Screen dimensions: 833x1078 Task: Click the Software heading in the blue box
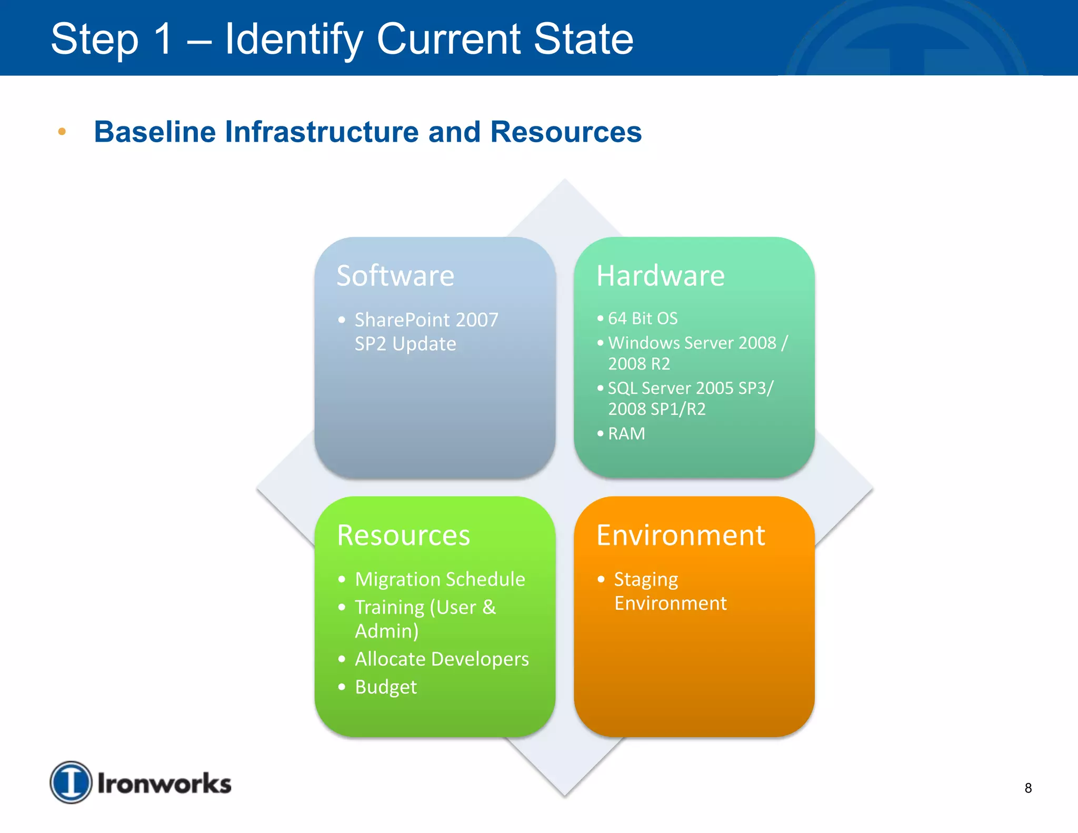pos(395,275)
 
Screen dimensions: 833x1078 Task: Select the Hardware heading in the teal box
pos(660,275)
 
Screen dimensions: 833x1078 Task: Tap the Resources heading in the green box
pos(403,535)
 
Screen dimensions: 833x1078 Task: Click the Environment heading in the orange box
pos(680,535)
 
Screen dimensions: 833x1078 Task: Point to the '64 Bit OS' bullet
pos(642,319)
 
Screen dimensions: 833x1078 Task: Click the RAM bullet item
pos(626,433)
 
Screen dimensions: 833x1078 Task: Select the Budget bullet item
pos(385,687)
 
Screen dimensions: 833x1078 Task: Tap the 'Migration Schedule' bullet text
pos(440,579)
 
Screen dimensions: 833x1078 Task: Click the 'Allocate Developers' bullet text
pos(441,659)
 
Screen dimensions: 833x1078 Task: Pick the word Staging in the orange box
pos(646,579)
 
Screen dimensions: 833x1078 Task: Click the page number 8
pos(1028,788)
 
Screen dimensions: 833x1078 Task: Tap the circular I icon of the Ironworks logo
pos(71,782)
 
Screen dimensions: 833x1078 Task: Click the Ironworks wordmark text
pos(164,784)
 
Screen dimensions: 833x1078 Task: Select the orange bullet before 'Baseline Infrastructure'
pos(62,132)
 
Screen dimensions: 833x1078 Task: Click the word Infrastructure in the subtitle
pos(322,132)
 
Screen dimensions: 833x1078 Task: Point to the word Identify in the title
pos(294,39)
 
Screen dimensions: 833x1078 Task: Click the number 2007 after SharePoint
pos(477,320)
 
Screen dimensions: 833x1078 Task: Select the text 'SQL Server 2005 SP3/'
pos(691,388)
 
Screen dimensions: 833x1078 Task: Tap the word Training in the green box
pos(390,607)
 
